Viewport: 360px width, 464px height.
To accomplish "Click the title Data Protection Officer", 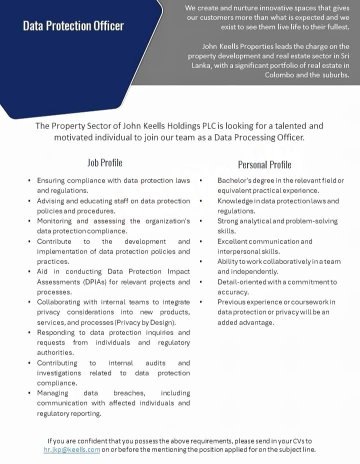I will coord(73,26).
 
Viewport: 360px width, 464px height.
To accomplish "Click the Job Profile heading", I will coord(104,162).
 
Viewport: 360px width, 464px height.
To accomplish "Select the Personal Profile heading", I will coord(264,164).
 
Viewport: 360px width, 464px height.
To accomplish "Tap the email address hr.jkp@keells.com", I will coord(72,449).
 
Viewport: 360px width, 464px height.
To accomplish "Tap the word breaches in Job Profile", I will coord(129,393).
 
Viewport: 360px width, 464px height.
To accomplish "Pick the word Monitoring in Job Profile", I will coord(54,221).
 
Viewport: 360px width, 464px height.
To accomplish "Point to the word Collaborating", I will coord(60,302).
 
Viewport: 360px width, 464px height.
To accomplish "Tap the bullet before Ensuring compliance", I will coord(30,180).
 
